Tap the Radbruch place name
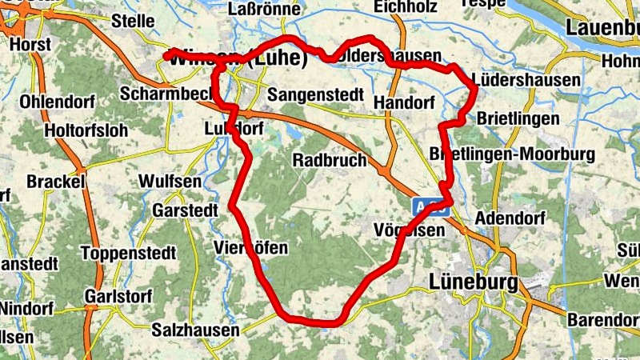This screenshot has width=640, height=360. pyautogui.click(x=330, y=160)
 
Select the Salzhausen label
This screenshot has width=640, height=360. pyautogui.click(x=196, y=330)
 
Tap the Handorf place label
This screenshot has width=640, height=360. pyautogui.click(x=404, y=103)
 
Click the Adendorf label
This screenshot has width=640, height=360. pyautogui.click(x=510, y=218)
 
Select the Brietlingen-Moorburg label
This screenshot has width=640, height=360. pyautogui.click(x=512, y=153)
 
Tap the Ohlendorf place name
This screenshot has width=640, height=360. pyautogui.click(x=58, y=102)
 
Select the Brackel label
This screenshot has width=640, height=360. pyautogui.click(x=56, y=182)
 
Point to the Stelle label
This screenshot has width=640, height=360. pyautogui.click(x=133, y=21)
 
